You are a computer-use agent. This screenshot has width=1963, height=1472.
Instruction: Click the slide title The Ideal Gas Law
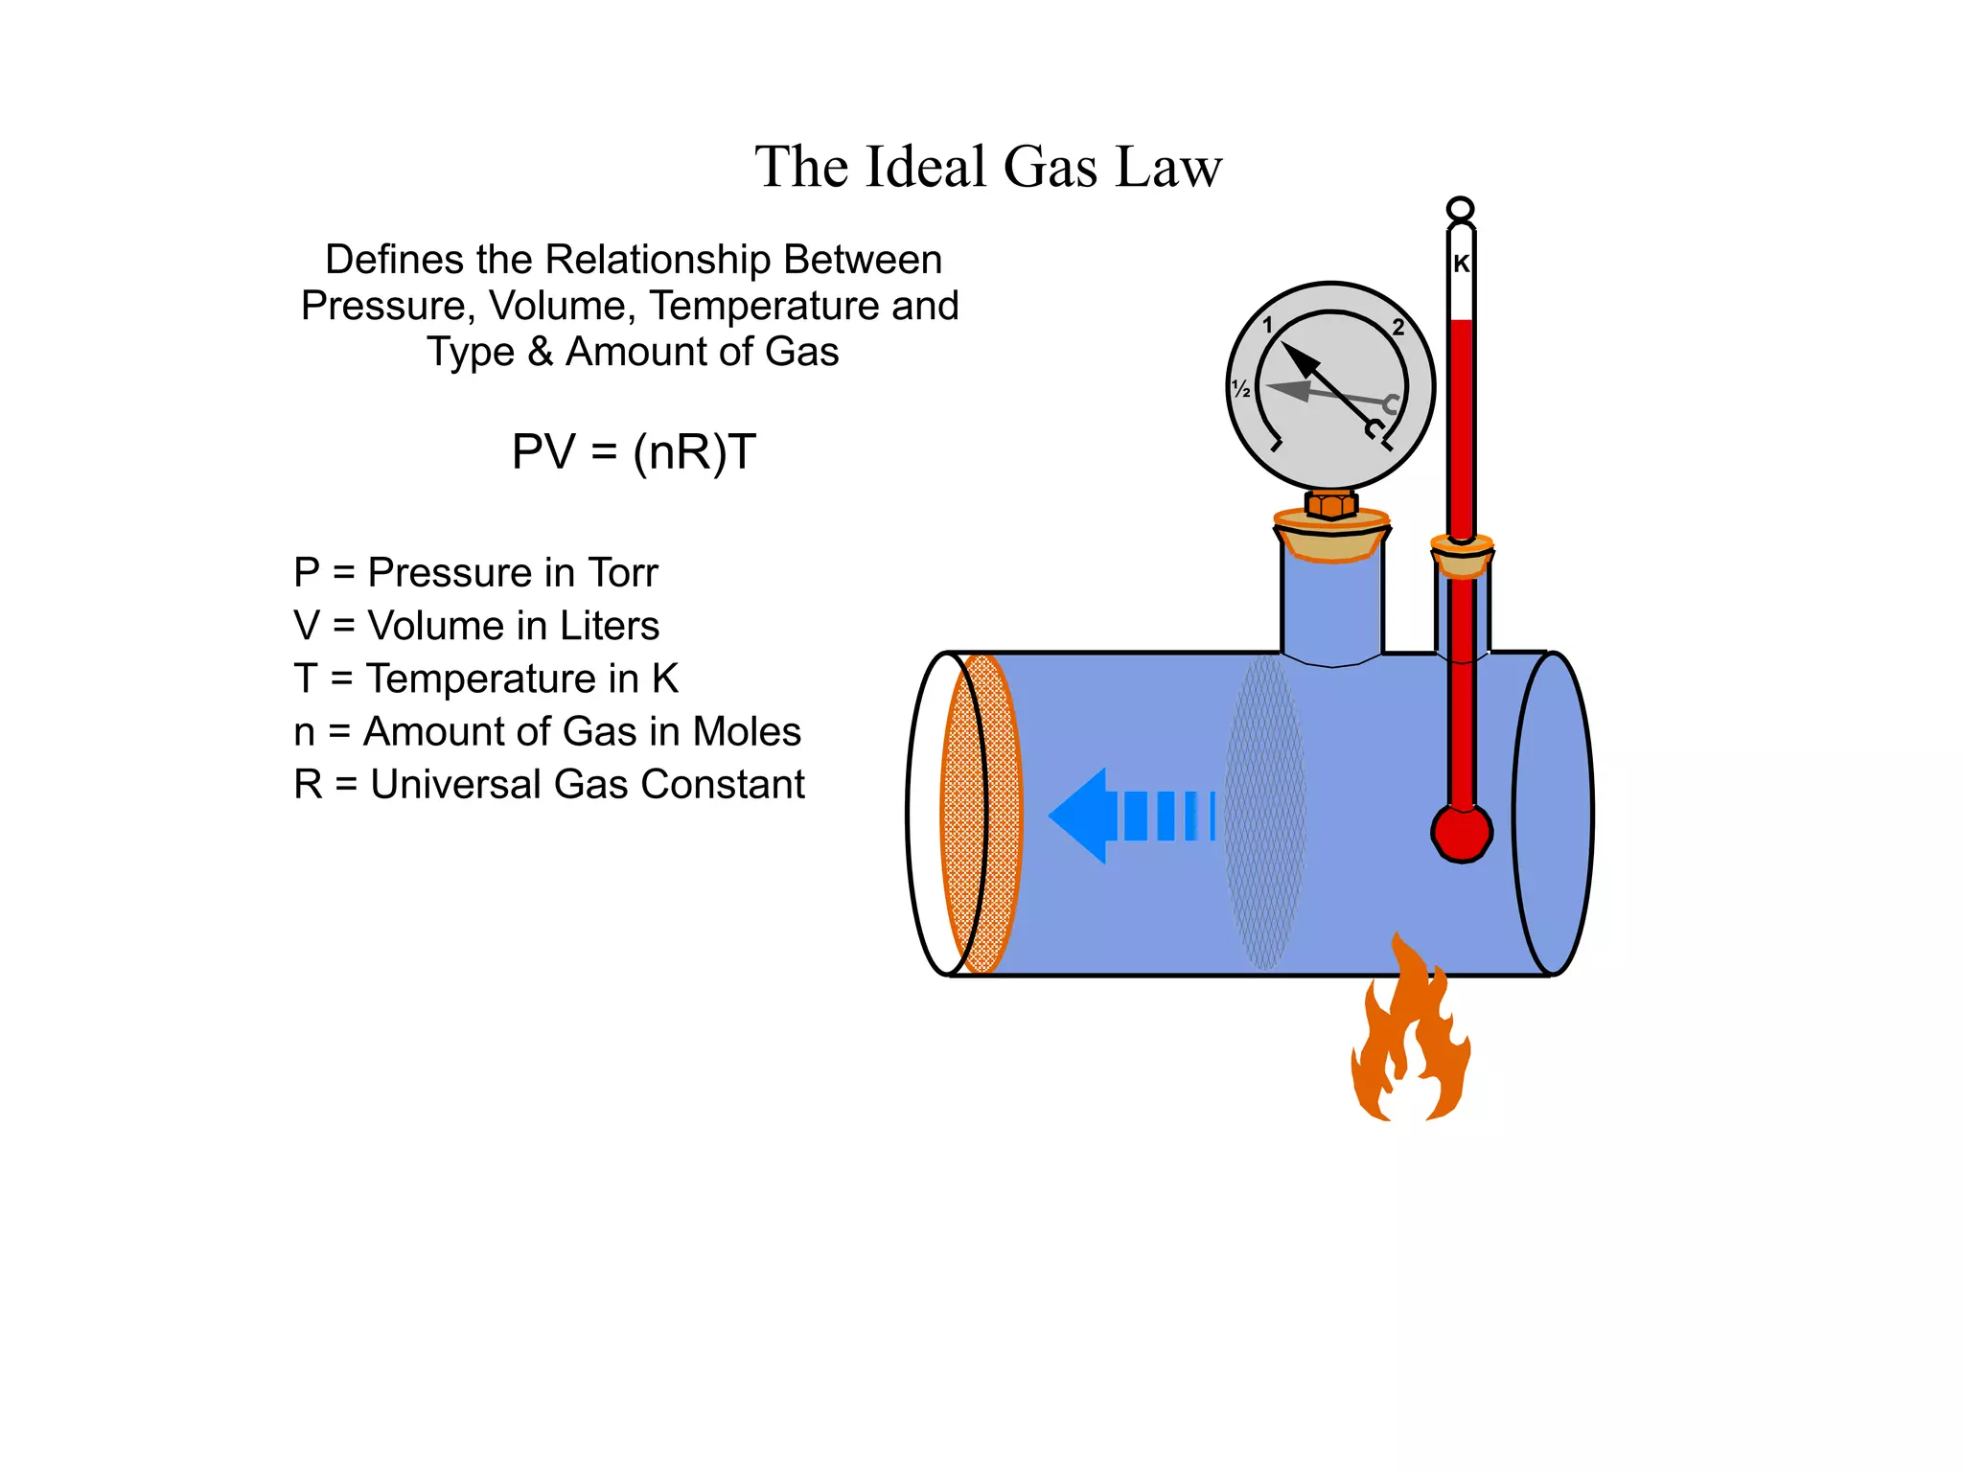pyautogui.click(x=988, y=167)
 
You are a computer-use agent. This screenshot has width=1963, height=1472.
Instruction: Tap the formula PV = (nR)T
pyautogui.click(x=634, y=451)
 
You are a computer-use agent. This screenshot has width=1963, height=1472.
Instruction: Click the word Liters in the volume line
pyautogui.click(x=610, y=626)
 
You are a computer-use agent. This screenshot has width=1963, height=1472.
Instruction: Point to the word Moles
pyautogui.click(x=747, y=732)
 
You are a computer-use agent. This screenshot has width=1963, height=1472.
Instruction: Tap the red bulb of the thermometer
pyautogui.click(x=1461, y=832)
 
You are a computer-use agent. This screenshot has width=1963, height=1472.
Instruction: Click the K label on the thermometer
pyautogui.click(x=1461, y=264)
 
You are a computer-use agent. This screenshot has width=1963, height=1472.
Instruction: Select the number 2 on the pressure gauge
pyautogui.click(x=1398, y=328)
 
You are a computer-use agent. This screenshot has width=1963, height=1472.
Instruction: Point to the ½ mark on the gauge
pyautogui.click(x=1241, y=389)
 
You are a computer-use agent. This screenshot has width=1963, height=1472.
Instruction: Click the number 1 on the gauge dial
pyautogui.click(x=1267, y=325)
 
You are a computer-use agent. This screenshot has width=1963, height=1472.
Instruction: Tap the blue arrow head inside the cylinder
pyautogui.click(x=1080, y=816)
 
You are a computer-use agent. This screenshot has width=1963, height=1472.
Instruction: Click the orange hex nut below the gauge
pyautogui.click(x=1330, y=504)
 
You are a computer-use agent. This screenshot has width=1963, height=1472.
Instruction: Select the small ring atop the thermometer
pyautogui.click(x=1460, y=209)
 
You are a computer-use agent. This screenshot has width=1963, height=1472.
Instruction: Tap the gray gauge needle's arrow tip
pyautogui.click(x=1275, y=388)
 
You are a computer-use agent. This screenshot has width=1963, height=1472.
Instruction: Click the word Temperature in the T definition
pyautogui.click(x=502, y=679)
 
